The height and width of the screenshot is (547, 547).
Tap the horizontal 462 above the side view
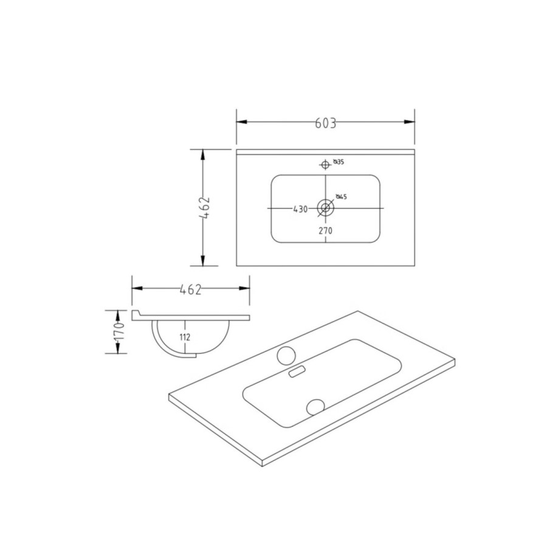tap(190, 289)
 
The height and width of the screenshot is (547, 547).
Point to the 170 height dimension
tap(120, 331)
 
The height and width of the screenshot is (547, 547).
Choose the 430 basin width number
tap(300, 208)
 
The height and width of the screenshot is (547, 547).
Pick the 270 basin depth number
tap(326, 230)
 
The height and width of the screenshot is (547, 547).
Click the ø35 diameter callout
tap(339, 162)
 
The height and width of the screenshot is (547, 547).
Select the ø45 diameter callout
tap(341, 196)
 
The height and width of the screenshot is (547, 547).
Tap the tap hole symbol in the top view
tap(326, 164)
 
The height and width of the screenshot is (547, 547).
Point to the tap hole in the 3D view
tap(286, 355)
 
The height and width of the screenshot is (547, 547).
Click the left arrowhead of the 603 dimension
tap(241, 122)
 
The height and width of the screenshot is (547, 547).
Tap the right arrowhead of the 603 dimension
tap(410, 122)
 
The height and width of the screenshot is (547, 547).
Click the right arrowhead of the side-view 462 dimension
tap(246, 289)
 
